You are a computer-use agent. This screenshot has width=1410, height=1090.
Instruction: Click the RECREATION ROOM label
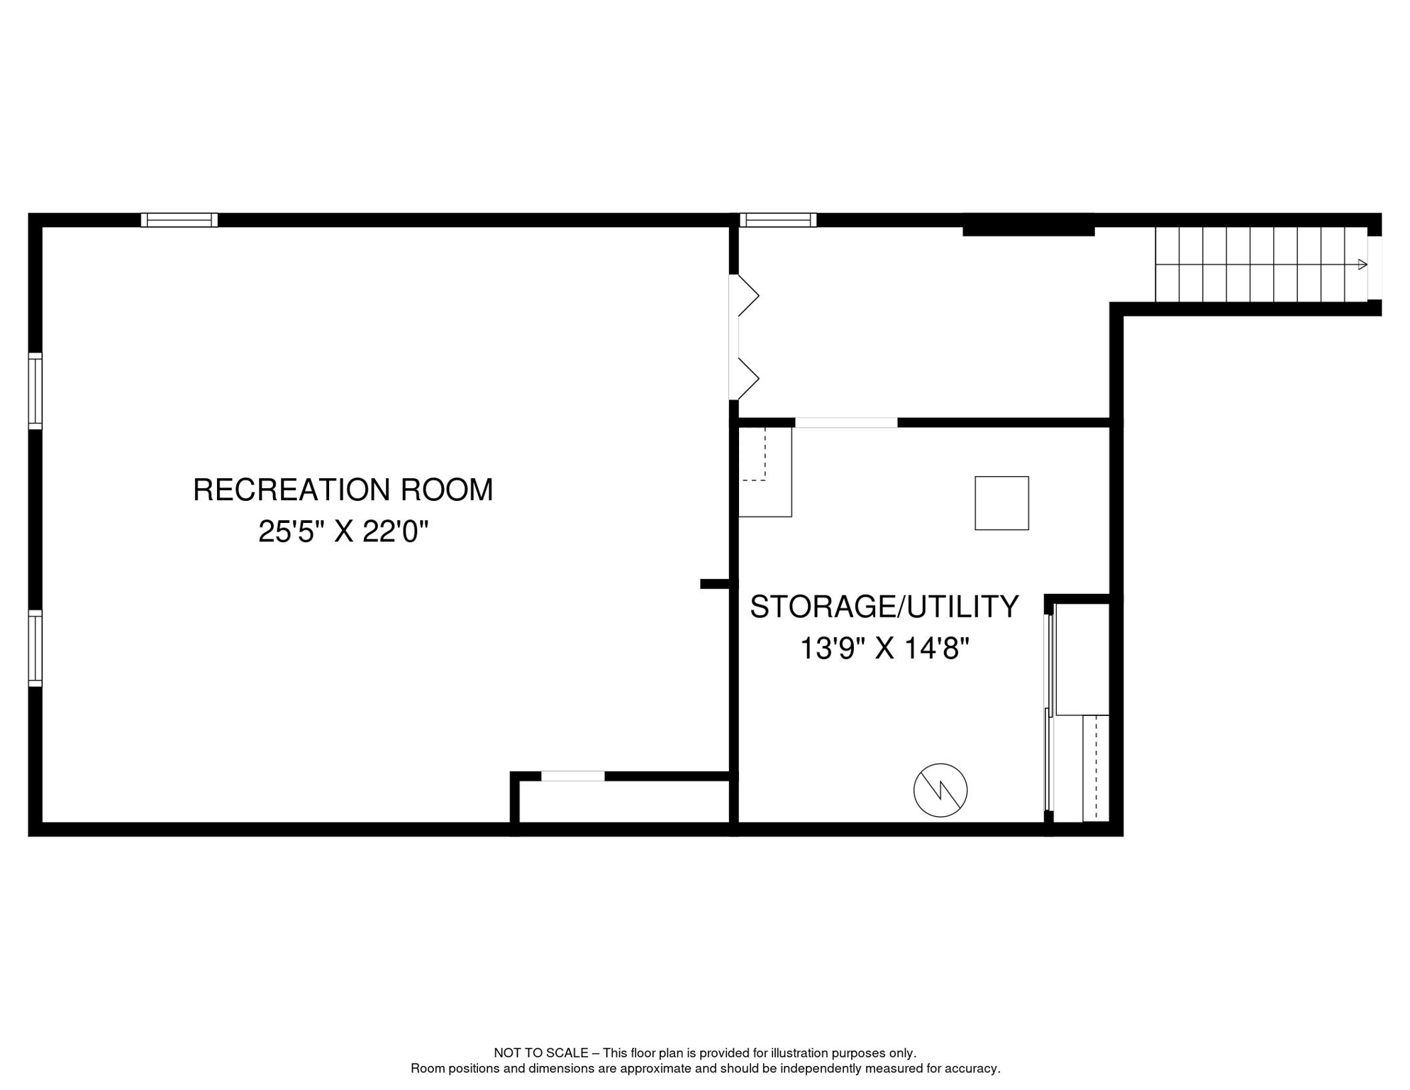(x=343, y=490)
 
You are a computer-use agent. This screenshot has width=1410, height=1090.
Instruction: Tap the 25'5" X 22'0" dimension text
(x=343, y=532)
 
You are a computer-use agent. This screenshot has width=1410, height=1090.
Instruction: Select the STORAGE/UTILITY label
(x=884, y=607)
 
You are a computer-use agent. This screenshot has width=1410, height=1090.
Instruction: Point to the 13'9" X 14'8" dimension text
(x=884, y=649)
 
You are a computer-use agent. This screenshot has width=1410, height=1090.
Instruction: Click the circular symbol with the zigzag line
(x=940, y=790)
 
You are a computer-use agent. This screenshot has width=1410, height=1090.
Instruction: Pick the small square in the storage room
(x=1001, y=503)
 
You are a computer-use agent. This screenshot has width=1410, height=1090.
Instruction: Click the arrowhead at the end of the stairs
(x=1362, y=265)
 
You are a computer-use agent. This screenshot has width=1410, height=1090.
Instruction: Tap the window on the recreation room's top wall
(x=179, y=220)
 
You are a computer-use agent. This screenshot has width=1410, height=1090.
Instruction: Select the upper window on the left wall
(x=35, y=391)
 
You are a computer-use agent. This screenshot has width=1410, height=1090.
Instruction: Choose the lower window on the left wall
(x=35, y=648)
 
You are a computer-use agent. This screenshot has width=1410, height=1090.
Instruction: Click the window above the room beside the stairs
(x=778, y=220)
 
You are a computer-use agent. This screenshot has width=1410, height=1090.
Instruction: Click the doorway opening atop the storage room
(x=845, y=423)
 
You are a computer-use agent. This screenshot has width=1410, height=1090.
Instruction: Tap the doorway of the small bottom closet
(x=572, y=776)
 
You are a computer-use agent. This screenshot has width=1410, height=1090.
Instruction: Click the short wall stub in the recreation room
(x=714, y=584)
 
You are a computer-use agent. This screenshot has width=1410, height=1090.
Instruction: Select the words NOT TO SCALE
(x=540, y=1053)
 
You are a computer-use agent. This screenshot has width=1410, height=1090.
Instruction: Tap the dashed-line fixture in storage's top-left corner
(x=765, y=472)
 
